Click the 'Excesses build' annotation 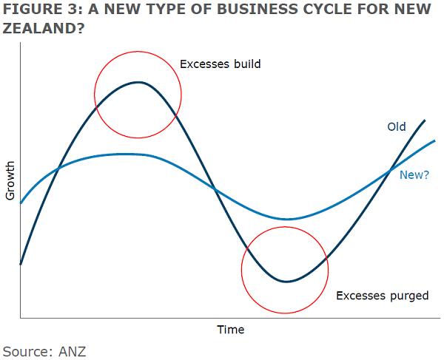pos(221,64)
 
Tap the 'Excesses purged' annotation pos(383,296)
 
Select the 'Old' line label pos(397,127)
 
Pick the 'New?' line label pos(414,175)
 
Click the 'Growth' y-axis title pos(10,180)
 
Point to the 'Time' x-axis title pos(230,330)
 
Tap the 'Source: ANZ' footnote pos(44,350)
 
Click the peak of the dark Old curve pos(138,82)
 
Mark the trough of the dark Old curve pos(285,282)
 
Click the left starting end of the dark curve pos(21,264)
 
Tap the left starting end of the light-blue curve pos(21,203)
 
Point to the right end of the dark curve pos(425,120)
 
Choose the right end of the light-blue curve pos(435,140)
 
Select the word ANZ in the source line pos(73,350)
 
